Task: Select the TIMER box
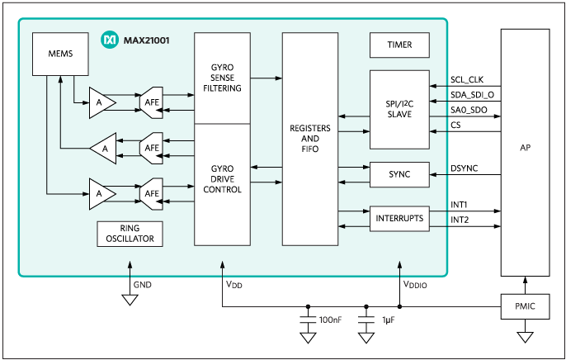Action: coord(400,45)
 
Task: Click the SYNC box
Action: coord(400,174)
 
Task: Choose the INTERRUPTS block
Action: coord(400,219)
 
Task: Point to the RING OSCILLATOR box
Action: coord(130,234)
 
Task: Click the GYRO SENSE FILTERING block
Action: coord(222,78)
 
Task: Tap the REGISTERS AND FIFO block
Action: coord(310,140)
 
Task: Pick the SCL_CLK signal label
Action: coord(466,80)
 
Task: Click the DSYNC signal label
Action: coord(464,168)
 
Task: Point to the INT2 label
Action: coord(460,220)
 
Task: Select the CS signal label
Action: coord(456,125)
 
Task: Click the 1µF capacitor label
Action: coord(389,319)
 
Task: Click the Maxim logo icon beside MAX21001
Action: coord(108,39)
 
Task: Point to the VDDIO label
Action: coord(415,285)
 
